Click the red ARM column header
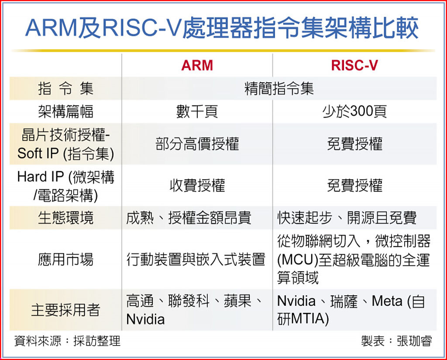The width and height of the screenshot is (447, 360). pyautogui.click(x=197, y=66)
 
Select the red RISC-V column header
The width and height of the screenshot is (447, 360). pyautogui.click(x=354, y=66)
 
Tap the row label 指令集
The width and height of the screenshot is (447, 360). pyautogui.click(x=65, y=88)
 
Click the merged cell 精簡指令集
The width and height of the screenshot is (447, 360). pyautogui.click(x=279, y=88)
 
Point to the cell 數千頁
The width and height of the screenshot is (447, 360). pyautogui.click(x=197, y=111)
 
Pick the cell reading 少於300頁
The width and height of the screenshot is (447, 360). pyautogui.click(x=354, y=111)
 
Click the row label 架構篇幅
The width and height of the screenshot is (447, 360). pyautogui.click(x=65, y=111)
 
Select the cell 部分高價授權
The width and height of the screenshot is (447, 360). pyautogui.click(x=197, y=144)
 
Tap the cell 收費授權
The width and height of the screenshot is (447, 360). pyautogui.click(x=197, y=185)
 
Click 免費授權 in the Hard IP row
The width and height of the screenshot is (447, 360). pyautogui.click(x=354, y=185)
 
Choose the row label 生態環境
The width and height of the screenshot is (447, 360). pyautogui.click(x=65, y=218)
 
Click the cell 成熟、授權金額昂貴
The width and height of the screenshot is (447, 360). pyautogui.click(x=189, y=218)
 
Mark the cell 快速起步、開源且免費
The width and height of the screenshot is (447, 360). pyautogui.click(x=347, y=218)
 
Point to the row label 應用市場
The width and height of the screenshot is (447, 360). pyautogui.click(x=65, y=260)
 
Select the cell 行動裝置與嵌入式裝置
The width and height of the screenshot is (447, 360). pyautogui.click(x=196, y=260)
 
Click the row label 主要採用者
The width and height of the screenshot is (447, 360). pyautogui.click(x=65, y=310)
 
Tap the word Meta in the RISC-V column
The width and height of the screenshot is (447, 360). pyautogui.click(x=387, y=301)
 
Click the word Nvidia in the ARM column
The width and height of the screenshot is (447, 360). pyautogui.click(x=145, y=319)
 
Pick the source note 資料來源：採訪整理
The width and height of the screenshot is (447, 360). pyautogui.click(x=67, y=341)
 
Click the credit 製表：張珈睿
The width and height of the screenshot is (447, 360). pyautogui.click(x=396, y=341)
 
